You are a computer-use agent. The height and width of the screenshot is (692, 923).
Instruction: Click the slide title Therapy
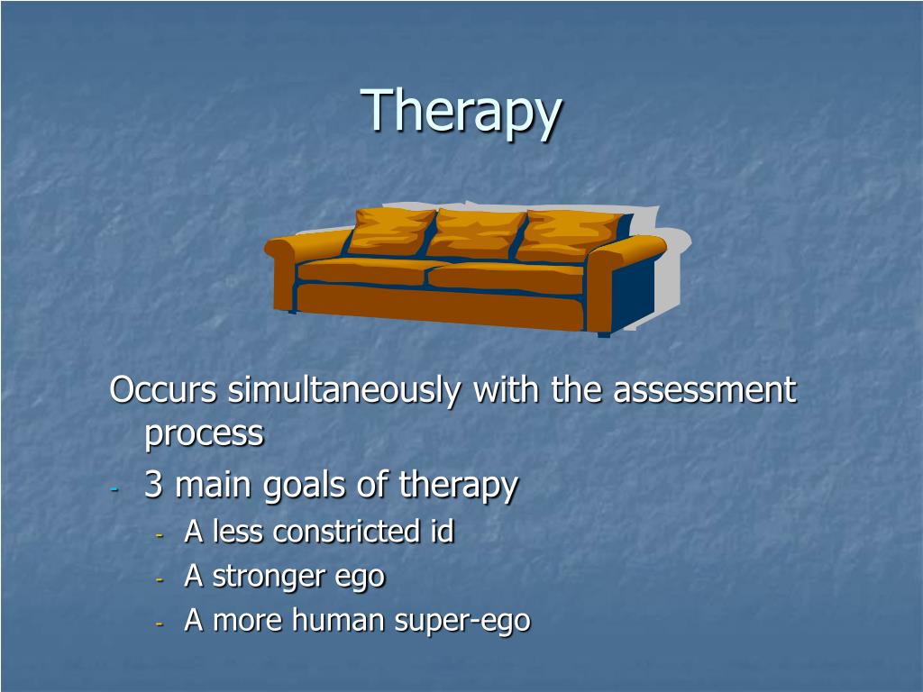[461, 112]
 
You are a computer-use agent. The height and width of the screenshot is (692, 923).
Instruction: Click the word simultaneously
[344, 390]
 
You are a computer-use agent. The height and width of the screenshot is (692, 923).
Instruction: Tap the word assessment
[705, 390]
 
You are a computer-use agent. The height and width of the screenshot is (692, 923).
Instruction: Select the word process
[205, 435]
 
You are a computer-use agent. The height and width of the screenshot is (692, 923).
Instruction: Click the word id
[439, 531]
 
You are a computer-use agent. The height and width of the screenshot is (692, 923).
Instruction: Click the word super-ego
[462, 623]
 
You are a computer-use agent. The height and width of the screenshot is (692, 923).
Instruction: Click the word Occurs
[163, 390]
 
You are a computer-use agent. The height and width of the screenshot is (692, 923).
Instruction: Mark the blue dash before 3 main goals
[114, 488]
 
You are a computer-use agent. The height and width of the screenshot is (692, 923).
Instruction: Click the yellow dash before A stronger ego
[159, 579]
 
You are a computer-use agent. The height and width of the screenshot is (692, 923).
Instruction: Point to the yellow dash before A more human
[159, 624]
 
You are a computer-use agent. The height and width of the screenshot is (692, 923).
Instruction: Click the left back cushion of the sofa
[391, 232]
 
